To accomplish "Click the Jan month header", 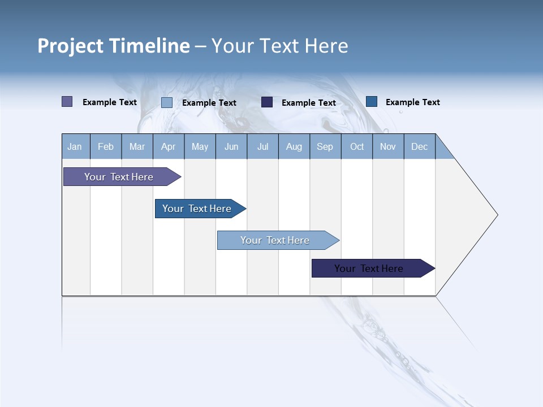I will tap(75, 146).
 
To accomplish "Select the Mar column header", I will tap(137, 146).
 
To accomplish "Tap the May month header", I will tap(200, 146).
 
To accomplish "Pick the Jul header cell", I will tap(262, 146).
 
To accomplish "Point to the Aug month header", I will tap(294, 146).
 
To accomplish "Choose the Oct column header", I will tap(357, 146).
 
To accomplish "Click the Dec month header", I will tap(419, 146).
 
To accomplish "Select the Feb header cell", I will tap(106, 146).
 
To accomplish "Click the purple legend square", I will tap(67, 102).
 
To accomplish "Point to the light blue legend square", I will tap(167, 102).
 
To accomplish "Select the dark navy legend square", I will tap(267, 102).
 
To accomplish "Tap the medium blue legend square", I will tap(372, 101).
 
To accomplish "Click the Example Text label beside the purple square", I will tap(110, 102).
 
